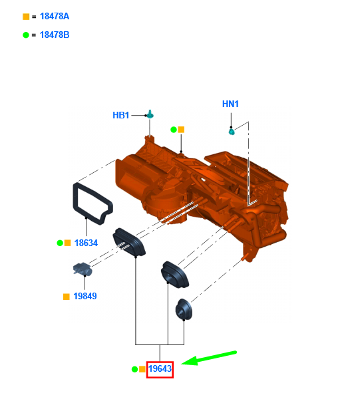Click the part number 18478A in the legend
coord(55,16)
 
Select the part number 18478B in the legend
coord(55,35)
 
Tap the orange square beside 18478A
coord(26,17)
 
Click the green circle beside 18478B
coord(26,35)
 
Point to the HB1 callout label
coord(121,115)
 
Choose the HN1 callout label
coord(230,104)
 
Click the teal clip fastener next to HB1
coord(150,114)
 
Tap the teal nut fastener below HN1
coord(232,131)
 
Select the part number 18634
coord(86,243)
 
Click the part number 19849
coord(85,296)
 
